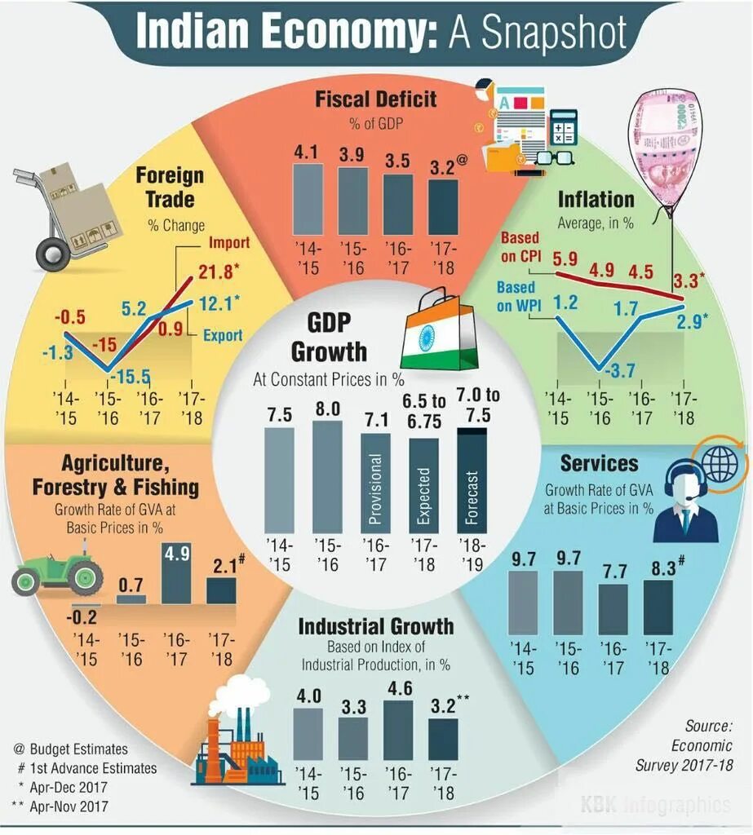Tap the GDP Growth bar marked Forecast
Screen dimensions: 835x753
(x=471, y=480)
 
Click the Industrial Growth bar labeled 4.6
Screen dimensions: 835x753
(x=398, y=730)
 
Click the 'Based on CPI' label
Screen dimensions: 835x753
(x=520, y=246)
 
